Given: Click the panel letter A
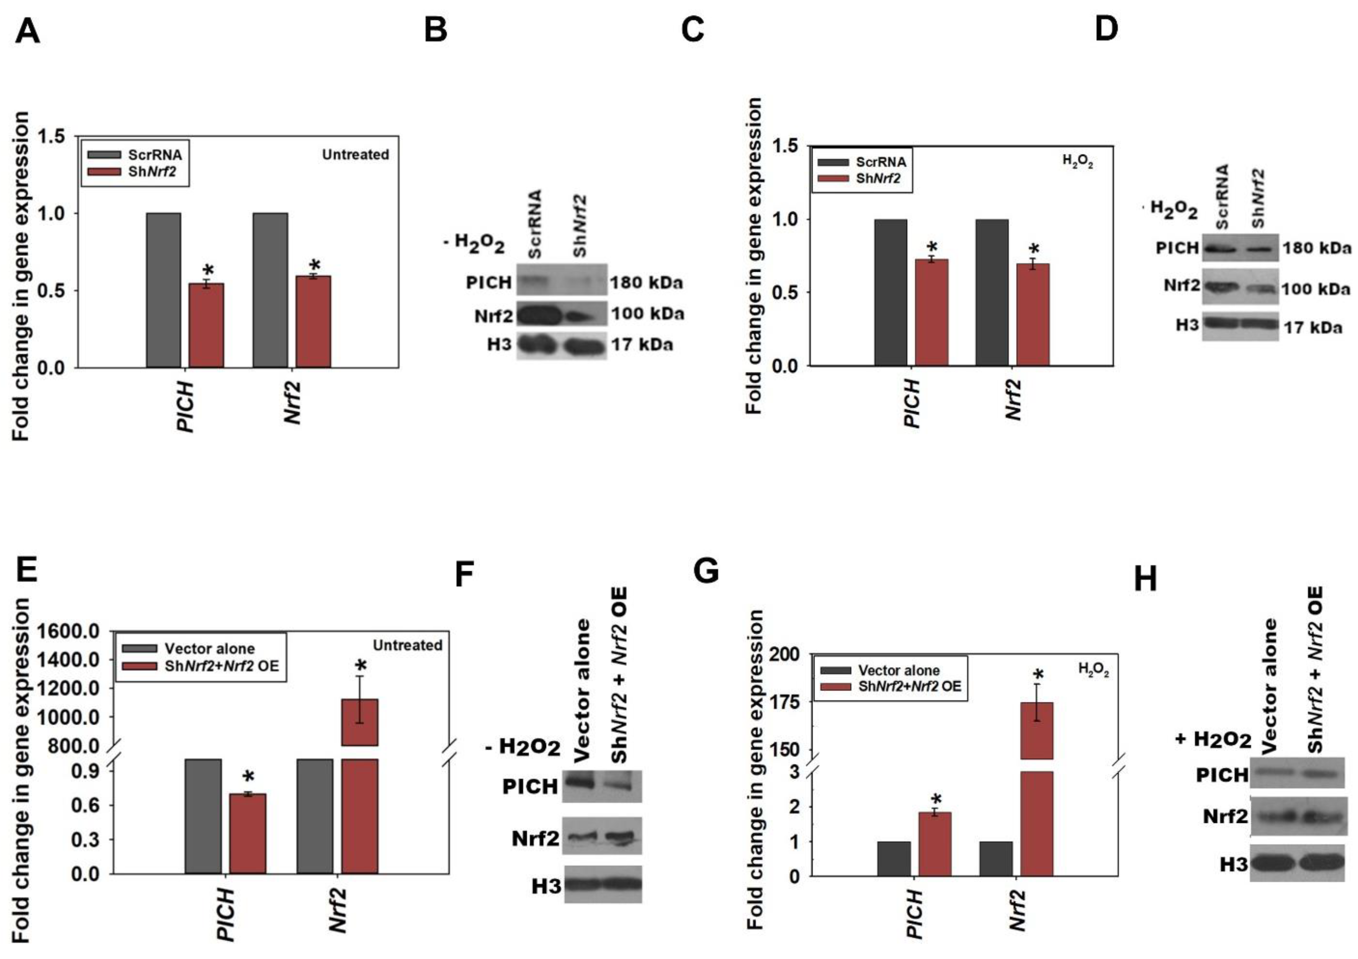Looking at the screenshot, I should pos(27,31).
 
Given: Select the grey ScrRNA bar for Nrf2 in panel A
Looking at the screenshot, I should pos(270,290).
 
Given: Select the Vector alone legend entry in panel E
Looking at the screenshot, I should pos(209,648).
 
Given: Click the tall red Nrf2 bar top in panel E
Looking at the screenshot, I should pos(360,704).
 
